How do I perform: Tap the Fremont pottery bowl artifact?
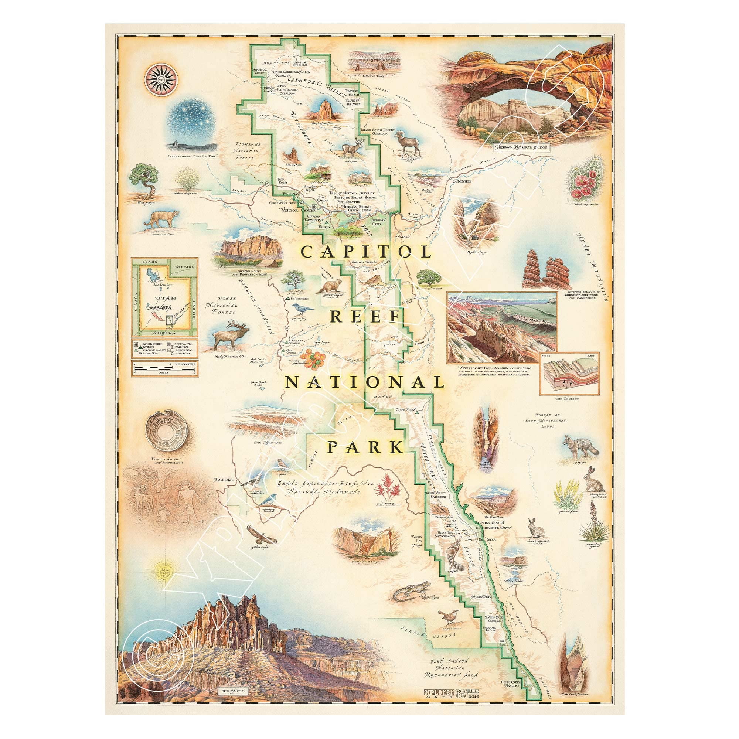(x=164, y=430)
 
